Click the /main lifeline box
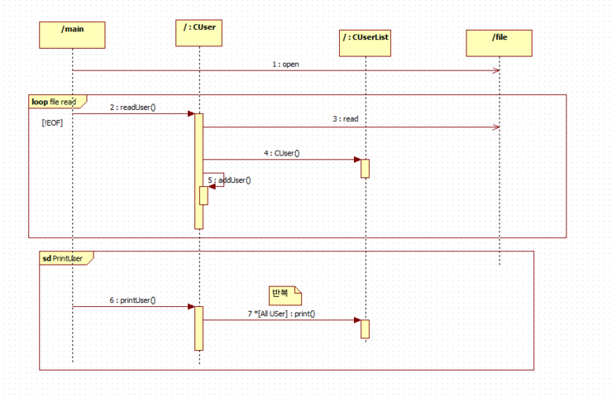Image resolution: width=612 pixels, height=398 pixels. (x=72, y=35)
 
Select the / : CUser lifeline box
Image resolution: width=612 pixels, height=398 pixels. (x=198, y=33)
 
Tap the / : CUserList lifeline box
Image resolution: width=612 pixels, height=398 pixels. (x=365, y=43)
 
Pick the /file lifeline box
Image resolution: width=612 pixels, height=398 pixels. (x=500, y=43)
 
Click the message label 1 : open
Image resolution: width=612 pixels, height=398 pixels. (x=285, y=65)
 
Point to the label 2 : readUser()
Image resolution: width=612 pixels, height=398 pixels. (x=132, y=108)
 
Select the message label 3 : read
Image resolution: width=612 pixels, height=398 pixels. (x=346, y=119)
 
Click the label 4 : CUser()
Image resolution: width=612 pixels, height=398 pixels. (x=282, y=153)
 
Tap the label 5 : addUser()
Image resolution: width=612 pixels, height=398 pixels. (x=230, y=180)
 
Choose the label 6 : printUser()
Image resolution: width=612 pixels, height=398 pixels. (x=132, y=300)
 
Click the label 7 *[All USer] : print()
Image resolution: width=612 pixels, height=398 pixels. (x=281, y=314)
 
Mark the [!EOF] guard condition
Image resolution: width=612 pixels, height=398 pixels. (x=52, y=123)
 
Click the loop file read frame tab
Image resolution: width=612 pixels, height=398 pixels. (x=57, y=102)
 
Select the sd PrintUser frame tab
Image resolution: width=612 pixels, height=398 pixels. (x=66, y=258)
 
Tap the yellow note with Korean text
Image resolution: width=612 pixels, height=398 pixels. (x=285, y=295)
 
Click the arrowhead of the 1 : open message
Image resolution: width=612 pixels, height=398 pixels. (x=496, y=70)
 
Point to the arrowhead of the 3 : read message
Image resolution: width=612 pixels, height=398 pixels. (x=496, y=127)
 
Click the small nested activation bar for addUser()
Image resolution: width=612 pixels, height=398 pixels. (x=203, y=195)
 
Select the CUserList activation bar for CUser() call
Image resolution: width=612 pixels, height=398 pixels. (x=365, y=168)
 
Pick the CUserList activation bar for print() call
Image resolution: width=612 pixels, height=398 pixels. (x=365, y=328)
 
